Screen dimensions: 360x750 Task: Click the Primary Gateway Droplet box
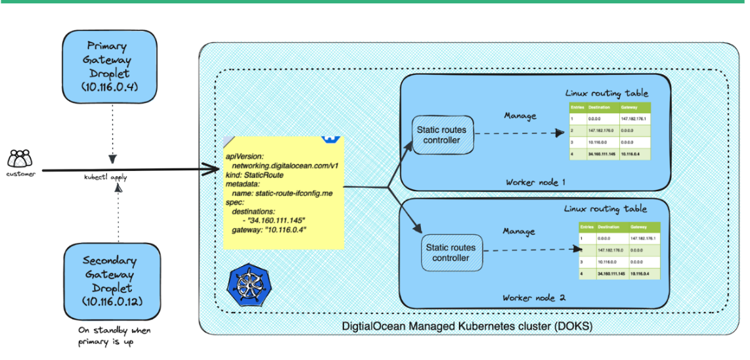pos(110,66)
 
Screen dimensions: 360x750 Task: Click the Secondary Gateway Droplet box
pos(110,281)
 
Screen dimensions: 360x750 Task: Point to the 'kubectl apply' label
pos(106,177)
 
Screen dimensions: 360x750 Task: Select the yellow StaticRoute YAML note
pos(283,193)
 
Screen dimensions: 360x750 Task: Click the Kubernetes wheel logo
pos(244,285)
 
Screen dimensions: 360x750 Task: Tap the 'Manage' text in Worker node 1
pos(520,116)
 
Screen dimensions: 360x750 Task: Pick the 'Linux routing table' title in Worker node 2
pos(605,209)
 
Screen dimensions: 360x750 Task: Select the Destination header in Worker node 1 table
pos(600,106)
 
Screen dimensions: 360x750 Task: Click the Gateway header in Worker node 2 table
pos(640,227)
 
